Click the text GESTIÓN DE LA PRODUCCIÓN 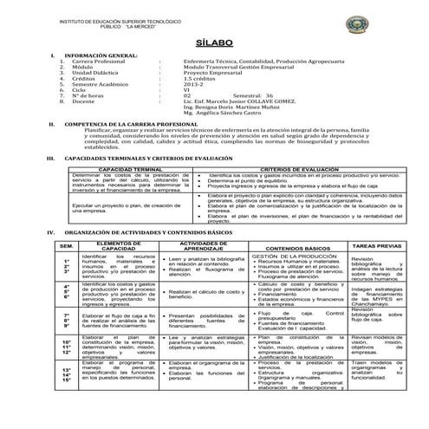pos(288,257)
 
